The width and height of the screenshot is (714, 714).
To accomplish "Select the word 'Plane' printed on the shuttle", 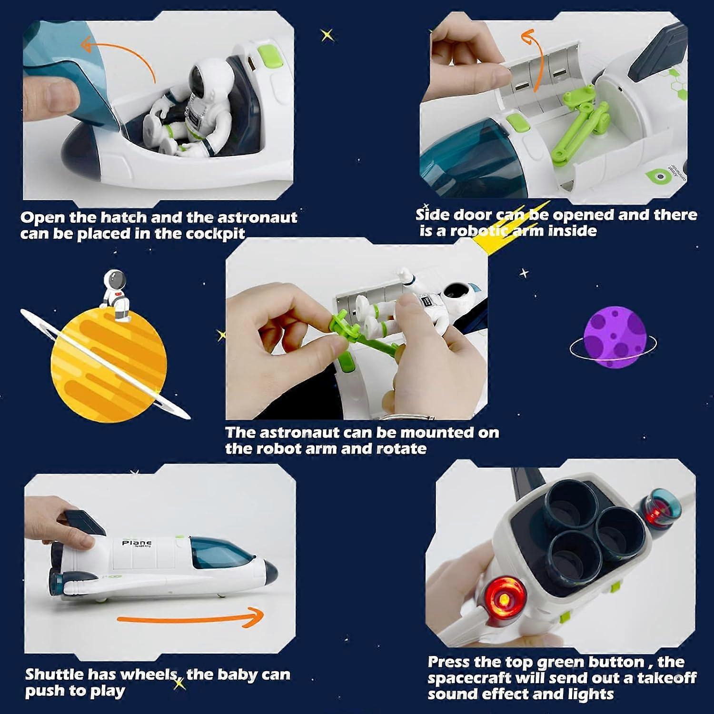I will coord(137,543).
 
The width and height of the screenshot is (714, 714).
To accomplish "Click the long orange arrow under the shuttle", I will coord(190,617).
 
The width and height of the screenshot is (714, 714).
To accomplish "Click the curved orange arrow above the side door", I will coord(533,57).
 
